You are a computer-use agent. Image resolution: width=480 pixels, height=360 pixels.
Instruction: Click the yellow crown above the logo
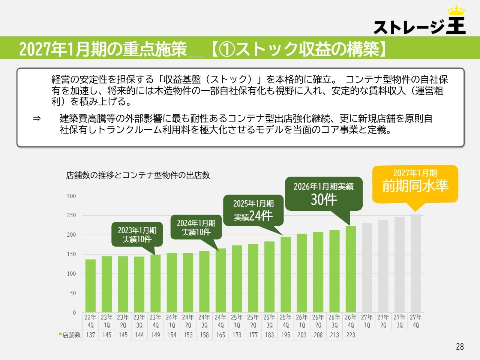pyautogui.click(x=456, y=10)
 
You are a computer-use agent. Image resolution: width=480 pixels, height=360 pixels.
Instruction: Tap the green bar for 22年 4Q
pyautogui.click(x=90, y=286)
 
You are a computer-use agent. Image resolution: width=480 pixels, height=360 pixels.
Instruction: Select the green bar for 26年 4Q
pyautogui.click(x=351, y=269)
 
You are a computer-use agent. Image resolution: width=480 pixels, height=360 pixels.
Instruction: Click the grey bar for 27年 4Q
pyautogui.click(x=416, y=263)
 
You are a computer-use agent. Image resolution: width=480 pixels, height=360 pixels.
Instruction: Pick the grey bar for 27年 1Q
pyautogui.click(x=367, y=268)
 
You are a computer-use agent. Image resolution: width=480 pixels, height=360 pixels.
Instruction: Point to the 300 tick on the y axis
pyautogui.click(x=71, y=196)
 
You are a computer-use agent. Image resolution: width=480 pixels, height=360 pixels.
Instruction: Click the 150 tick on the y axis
pyautogui.click(x=71, y=254)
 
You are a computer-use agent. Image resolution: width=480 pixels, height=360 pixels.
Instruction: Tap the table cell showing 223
pyautogui.click(x=351, y=335)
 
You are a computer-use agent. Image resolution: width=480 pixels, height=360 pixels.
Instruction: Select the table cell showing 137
pyautogui.click(x=90, y=335)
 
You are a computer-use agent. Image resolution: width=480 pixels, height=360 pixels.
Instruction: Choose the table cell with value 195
pyautogui.click(x=286, y=335)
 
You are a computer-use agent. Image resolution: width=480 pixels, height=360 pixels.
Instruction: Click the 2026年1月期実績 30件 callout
pyautogui.click(x=324, y=193)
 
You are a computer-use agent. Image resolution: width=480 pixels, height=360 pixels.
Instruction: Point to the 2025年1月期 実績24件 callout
pyautogui.click(x=253, y=210)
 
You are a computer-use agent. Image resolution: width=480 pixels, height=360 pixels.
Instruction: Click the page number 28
pyautogui.click(x=460, y=346)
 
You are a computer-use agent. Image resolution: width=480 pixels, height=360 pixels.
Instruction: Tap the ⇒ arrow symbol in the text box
pyautogui.click(x=37, y=118)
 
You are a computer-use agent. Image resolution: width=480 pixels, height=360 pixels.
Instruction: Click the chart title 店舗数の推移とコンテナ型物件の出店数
pyautogui.click(x=138, y=175)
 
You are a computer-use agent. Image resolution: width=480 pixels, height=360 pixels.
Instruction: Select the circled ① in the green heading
pyautogui.click(x=227, y=49)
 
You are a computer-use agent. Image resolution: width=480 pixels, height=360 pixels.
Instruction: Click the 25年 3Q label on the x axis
pyautogui.click(x=269, y=321)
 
